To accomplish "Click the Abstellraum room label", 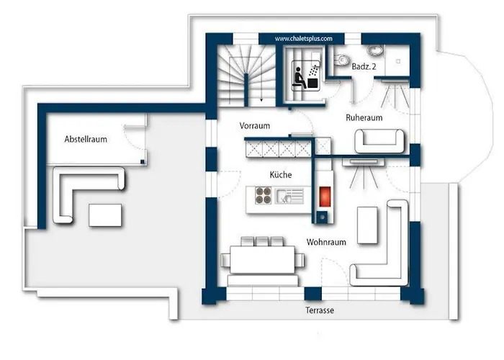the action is click(86, 139).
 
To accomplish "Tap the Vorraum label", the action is click(255, 126).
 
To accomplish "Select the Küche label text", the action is click(281, 174).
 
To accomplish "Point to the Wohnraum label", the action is click(326, 242).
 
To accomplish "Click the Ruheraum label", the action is click(364, 117).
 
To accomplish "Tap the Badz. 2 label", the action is click(364, 66).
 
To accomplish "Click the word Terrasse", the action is click(320, 310).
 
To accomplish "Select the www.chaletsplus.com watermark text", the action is click(303, 39).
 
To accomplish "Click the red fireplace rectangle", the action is click(325, 197).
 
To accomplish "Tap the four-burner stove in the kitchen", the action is click(263, 196).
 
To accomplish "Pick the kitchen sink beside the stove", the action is click(289, 196).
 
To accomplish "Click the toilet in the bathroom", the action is click(342, 60).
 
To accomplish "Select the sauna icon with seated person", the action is click(306, 76).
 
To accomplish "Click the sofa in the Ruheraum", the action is click(379, 141).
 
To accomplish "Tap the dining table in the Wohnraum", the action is click(263, 259).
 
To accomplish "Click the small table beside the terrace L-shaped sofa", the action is click(105, 215).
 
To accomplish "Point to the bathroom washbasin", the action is click(374, 50).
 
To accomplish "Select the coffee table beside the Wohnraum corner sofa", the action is click(367, 225).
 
